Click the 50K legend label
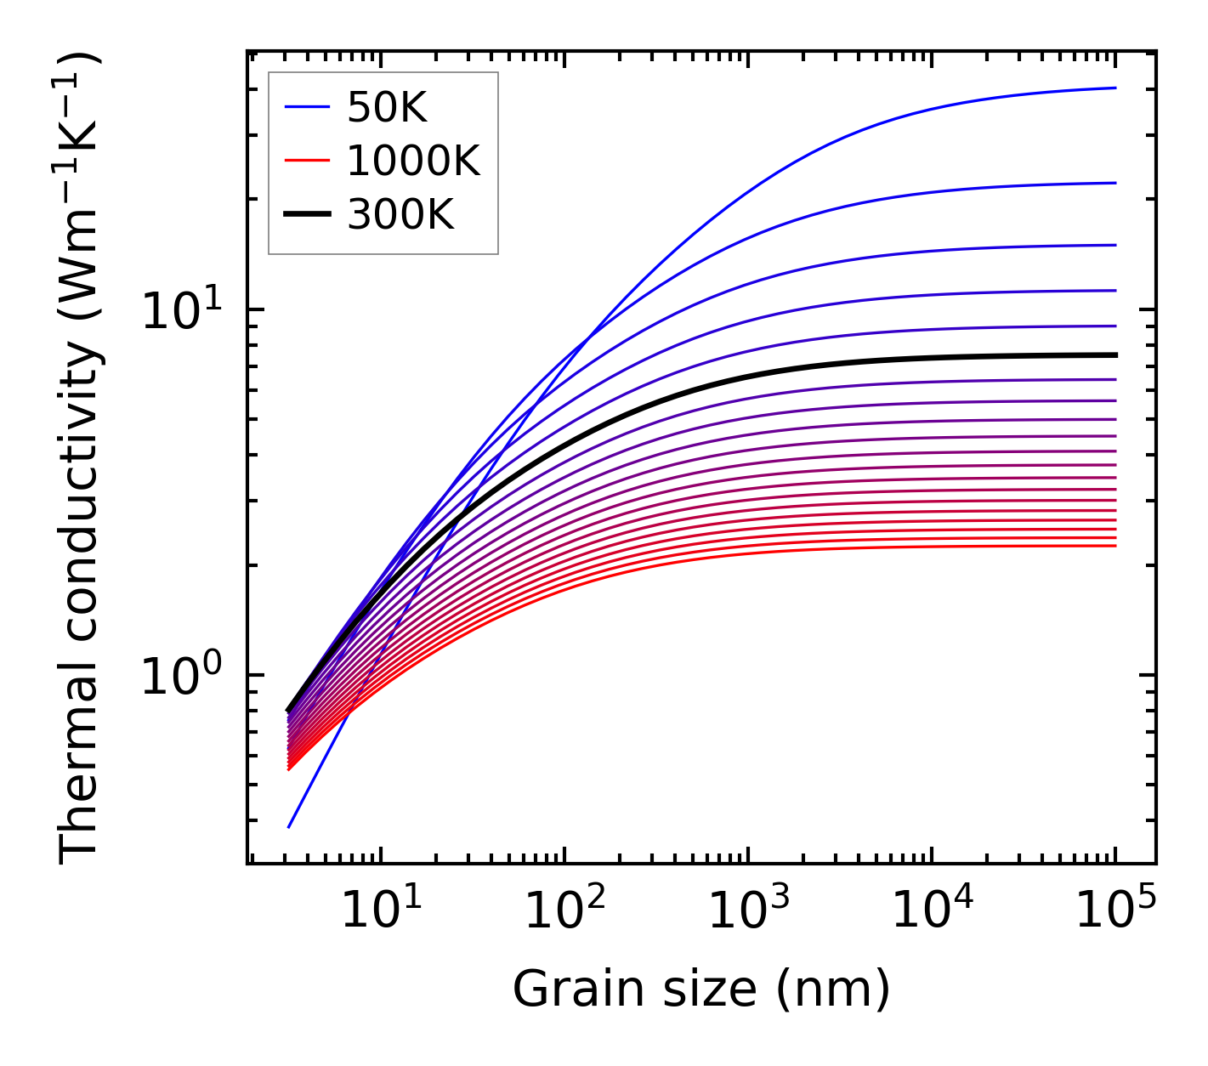tap(386, 108)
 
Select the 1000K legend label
tap(413, 161)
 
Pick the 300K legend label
tap(400, 215)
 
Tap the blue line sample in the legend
tap(306, 107)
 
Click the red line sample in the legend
tap(306, 161)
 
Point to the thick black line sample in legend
tap(306, 215)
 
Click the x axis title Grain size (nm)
tap(701, 989)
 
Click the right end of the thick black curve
tap(1114, 355)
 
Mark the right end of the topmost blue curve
tap(1114, 88)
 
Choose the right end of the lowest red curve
tap(1114, 546)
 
